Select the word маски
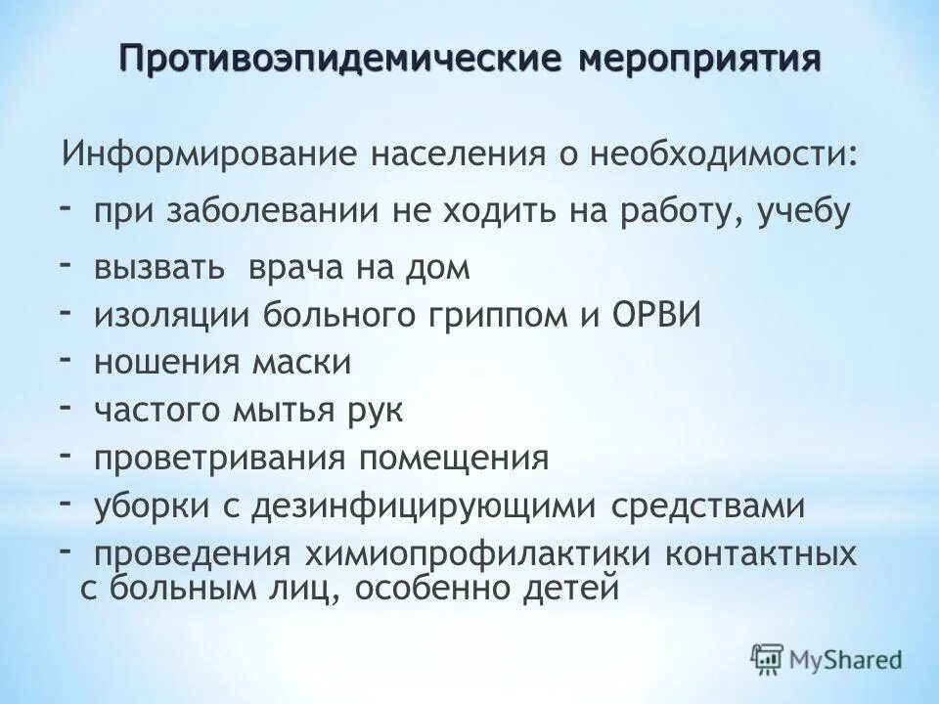coord(303,364)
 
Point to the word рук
coord(376,411)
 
